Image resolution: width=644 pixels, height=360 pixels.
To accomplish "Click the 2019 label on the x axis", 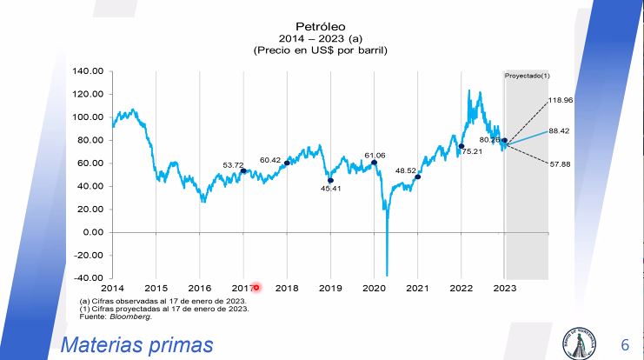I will (330, 288).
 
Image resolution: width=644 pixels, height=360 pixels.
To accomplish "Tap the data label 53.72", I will (233, 165).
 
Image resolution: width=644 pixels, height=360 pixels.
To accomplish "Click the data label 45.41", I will (330, 189).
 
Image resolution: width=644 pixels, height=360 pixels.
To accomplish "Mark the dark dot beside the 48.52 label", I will (418, 177).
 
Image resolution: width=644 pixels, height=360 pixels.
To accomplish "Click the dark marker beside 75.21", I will (461, 146).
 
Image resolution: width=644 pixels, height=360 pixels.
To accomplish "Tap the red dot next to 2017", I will (256, 288).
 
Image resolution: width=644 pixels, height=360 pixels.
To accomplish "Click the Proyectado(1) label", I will (528, 77).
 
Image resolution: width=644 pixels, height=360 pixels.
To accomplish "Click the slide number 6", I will (624, 345).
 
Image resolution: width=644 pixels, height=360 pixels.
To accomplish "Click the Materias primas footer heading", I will (136, 345).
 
